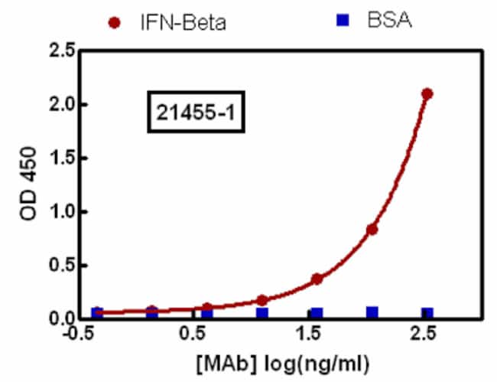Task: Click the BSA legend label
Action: pos(389,21)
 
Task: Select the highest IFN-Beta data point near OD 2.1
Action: pos(427,93)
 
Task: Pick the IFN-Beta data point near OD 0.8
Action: pos(372,229)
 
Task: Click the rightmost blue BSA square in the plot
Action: pos(427,313)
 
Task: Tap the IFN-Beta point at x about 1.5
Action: pos(317,279)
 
